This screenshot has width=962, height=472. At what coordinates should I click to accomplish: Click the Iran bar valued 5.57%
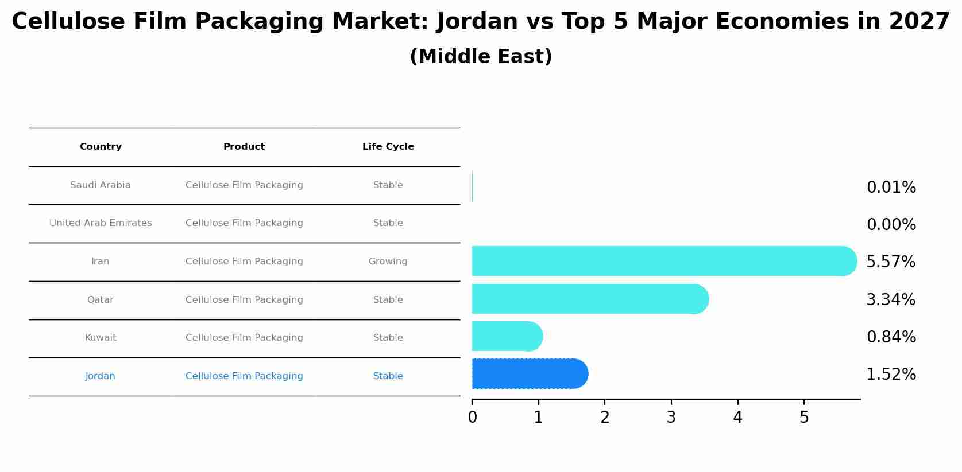click(x=660, y=261)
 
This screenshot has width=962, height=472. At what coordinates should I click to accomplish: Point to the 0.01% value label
click(x=891, y=188)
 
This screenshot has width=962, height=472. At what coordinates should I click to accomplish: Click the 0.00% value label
click(x=891, y=225)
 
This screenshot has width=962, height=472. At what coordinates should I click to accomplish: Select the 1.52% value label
click(x=891, y=375)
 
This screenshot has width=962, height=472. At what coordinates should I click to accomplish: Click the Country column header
click(x=101, y=147)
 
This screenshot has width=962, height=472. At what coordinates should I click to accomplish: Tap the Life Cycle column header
click(x=388, y=147)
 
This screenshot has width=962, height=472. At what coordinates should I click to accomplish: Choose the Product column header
click(x=244, y=147)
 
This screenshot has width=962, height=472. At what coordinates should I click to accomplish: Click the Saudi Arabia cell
click(x=101, y=185)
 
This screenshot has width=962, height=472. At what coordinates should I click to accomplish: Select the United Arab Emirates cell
click(x=101, y=223)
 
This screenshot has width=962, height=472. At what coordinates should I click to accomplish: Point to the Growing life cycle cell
click(x=388, y=262)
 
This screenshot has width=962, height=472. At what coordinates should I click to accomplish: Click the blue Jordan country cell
click(x=101, y=376)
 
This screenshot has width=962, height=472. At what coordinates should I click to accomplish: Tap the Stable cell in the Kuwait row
click(x=388, y=338)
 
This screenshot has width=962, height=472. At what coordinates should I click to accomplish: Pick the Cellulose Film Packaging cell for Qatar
click(x=244, y=300)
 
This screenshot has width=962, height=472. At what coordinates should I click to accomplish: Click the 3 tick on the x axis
click(x=671, y=417)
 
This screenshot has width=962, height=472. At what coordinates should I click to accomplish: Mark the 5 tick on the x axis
click(x=804, y=417)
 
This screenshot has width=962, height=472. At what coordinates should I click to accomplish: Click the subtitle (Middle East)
click(x=481, y=57)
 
